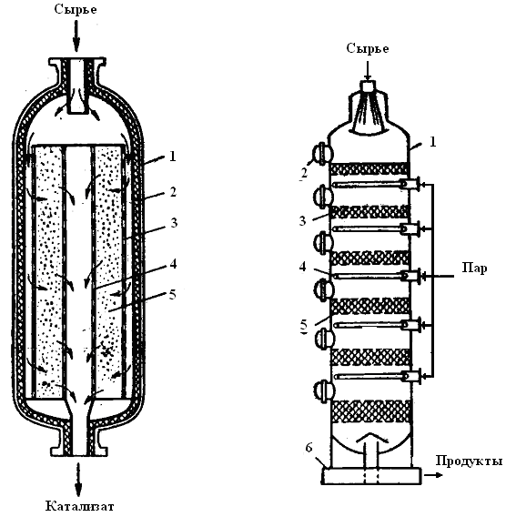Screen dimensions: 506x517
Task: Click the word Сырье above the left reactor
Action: pos(76,10)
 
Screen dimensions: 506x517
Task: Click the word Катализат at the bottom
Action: pos(79,506)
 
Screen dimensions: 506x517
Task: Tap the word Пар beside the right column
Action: pos(474,268)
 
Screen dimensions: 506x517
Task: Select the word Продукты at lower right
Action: pos(470,461)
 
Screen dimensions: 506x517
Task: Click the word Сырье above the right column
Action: pos(368,49)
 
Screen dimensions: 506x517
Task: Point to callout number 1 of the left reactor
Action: pos(172,157)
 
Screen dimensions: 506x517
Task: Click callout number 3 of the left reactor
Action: pos(174,223)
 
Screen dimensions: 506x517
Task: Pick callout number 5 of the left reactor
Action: pos(173,294)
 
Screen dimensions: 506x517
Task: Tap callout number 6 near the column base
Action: pos(309,448)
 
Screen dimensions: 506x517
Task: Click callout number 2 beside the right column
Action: pos(304,172)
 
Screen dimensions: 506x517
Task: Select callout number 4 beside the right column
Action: pos(303,267)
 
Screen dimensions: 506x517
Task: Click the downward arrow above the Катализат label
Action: pos(78,480)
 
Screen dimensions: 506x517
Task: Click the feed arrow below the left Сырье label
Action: pos(76,35)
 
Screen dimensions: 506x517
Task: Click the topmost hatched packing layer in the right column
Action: pos(369,169)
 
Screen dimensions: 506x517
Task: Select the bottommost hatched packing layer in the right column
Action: pos(370,411)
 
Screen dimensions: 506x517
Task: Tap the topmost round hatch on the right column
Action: pos(322,153)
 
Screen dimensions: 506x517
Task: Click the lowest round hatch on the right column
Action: pos(324,391)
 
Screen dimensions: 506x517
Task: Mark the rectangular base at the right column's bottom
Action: pos(371,476)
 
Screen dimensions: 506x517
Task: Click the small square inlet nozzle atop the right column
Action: pos(368,86)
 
